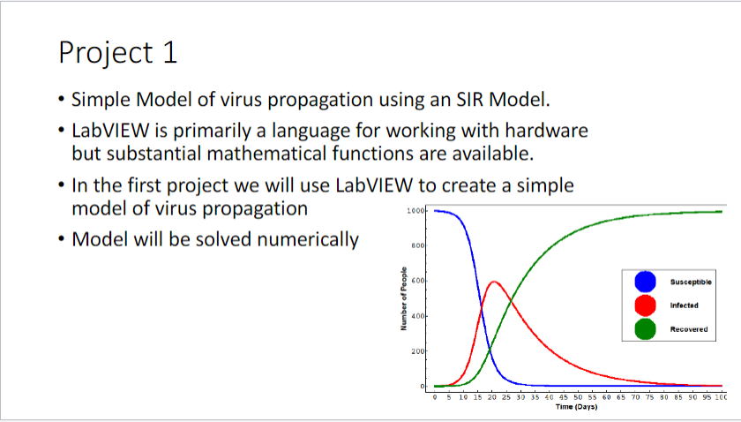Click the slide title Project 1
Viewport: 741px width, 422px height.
pos(118,52)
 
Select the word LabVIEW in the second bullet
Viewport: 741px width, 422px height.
pos(110,131)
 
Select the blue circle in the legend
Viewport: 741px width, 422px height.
pos(646,281)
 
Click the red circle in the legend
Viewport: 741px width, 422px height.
pos(646,305)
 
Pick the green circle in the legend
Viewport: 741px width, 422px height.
pos(646,328)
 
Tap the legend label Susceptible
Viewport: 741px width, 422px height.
pos(691,281)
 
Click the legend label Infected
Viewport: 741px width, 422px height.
pos(684,305)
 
